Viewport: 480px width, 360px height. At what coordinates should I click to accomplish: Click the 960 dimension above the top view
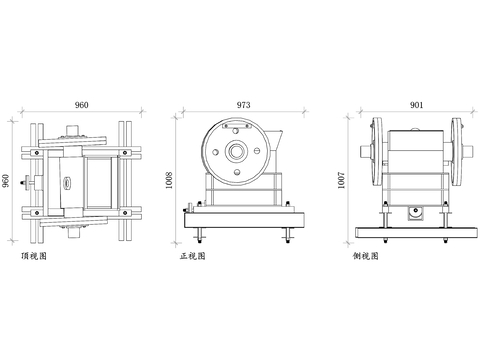tap(81, 105)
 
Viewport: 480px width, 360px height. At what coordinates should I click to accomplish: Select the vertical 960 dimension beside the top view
tap(6, 181)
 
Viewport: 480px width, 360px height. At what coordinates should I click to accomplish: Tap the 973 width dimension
tap(243, 105)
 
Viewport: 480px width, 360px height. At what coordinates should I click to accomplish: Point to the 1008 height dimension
tap(169, 180)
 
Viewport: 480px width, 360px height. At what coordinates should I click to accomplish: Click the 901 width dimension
tap(416, 105)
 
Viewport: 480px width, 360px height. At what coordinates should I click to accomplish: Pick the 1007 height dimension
tap(341, 180)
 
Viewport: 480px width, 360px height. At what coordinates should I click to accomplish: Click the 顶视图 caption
tap(34, 256)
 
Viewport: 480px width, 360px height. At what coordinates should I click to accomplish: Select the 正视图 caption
tap(193, 256)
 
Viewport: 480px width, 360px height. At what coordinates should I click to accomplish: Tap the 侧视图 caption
tap(366, 256)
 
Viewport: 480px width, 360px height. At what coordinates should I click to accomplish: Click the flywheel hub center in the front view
tap(237, 151)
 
